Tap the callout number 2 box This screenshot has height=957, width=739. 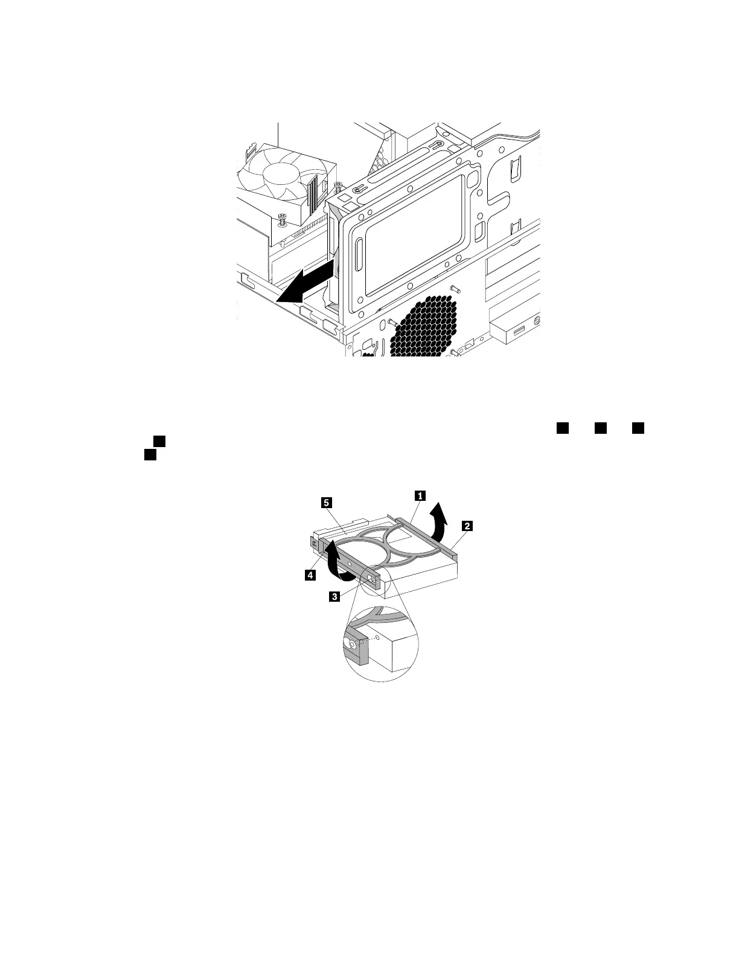point(466,526)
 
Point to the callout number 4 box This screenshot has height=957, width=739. point(310,576)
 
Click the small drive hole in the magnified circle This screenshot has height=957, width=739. point(377,637)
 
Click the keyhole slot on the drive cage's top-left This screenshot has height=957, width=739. point(357,190)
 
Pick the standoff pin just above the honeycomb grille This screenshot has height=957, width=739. point(457,289)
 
